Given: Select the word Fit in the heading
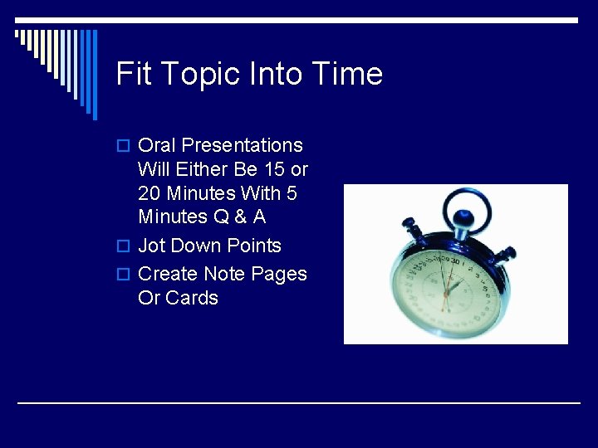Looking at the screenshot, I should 132,74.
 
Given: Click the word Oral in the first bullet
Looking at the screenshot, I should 157,145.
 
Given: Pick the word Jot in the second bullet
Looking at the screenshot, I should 151,246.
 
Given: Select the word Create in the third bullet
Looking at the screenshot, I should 168,274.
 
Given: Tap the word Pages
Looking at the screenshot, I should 279,274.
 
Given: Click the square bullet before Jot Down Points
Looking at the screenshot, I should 123,246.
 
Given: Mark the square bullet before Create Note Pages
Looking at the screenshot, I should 123,275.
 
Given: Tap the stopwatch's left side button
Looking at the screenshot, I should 408,224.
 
